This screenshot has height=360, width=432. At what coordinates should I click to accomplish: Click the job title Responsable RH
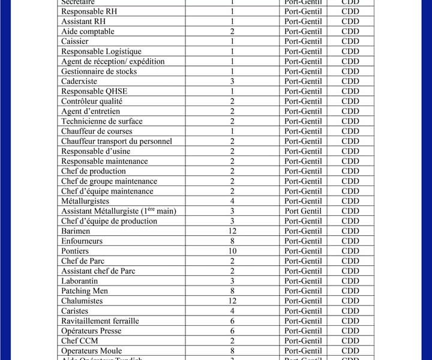(89, 11)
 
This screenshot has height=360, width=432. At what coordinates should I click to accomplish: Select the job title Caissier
(75, 41)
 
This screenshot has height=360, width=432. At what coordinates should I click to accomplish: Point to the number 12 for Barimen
(232, 231)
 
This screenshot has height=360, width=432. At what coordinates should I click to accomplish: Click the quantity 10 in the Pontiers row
(232, 251)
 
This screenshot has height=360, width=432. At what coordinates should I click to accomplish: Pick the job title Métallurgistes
(85, 201)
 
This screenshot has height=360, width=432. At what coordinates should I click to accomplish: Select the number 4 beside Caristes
(232, 311)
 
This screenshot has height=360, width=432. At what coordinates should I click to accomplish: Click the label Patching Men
(84, 291)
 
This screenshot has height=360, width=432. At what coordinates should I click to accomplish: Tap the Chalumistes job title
(82, 301)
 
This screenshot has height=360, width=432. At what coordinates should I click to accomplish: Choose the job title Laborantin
(79, 281)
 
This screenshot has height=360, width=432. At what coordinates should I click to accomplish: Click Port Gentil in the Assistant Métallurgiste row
(303, 211)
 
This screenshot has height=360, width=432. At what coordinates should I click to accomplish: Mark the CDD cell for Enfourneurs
(350, 241)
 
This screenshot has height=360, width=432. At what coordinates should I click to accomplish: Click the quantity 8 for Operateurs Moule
(232, 351)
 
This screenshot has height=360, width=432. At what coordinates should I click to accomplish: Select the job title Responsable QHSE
(94, 91)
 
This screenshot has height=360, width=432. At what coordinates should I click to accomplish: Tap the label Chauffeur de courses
(97, 131)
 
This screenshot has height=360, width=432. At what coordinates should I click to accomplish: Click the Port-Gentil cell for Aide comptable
(303, 31)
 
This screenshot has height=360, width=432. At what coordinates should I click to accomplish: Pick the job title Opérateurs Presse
(91, 331)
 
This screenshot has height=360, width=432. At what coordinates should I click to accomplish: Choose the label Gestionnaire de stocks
(99, 71)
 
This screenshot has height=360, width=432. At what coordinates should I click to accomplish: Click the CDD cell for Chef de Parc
(350, 261)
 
